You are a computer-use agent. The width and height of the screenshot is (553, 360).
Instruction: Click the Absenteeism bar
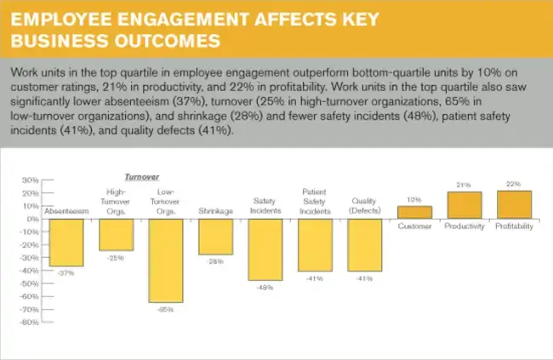tap(65, 243)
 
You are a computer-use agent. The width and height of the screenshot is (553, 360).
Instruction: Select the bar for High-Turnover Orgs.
tap(116, 235)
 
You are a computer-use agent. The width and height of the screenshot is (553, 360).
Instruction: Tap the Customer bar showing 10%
tap(414, 213)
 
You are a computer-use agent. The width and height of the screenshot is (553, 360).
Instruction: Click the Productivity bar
tap(465, 205)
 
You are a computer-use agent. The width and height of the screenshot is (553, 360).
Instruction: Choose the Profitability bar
tap(514, 204)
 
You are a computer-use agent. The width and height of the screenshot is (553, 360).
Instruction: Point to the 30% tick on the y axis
tap(31, 180)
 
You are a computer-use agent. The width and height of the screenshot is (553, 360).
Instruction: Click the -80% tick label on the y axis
tap(29, 323)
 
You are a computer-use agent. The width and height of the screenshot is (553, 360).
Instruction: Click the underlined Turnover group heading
tap(142, 176)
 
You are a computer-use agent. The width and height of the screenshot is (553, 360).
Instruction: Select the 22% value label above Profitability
tap(514, 185)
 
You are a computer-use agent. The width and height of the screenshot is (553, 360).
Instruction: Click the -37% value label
tap(65, 273)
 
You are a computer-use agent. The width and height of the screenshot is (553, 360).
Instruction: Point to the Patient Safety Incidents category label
tap(314, 201)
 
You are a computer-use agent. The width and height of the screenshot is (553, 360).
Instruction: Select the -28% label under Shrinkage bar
tap(215, 261)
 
